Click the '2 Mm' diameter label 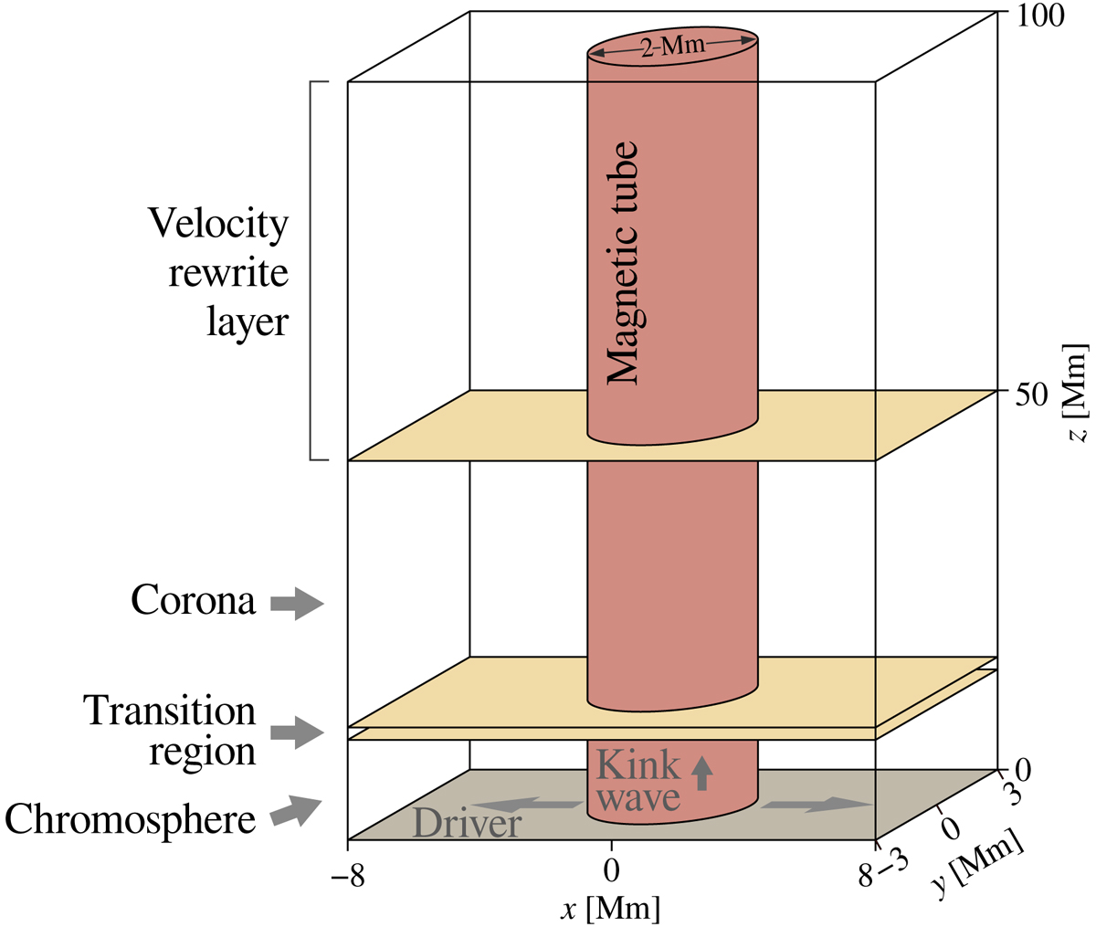click(x=671, y=46)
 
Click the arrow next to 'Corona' click(x=297, y=604)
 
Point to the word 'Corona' click(x=193, y=602)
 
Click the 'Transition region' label click(x=169, y=731)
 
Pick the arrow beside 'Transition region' click(x=297, y=732)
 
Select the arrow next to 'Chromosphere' click(x=297, y=810)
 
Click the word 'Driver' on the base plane click(x=467, y=824)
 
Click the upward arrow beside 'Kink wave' click(x=701, y=772)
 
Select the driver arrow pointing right click(x=816, y=804)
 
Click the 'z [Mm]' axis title click(x=1079, y=394)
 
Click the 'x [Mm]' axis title click(x=612, y=908)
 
